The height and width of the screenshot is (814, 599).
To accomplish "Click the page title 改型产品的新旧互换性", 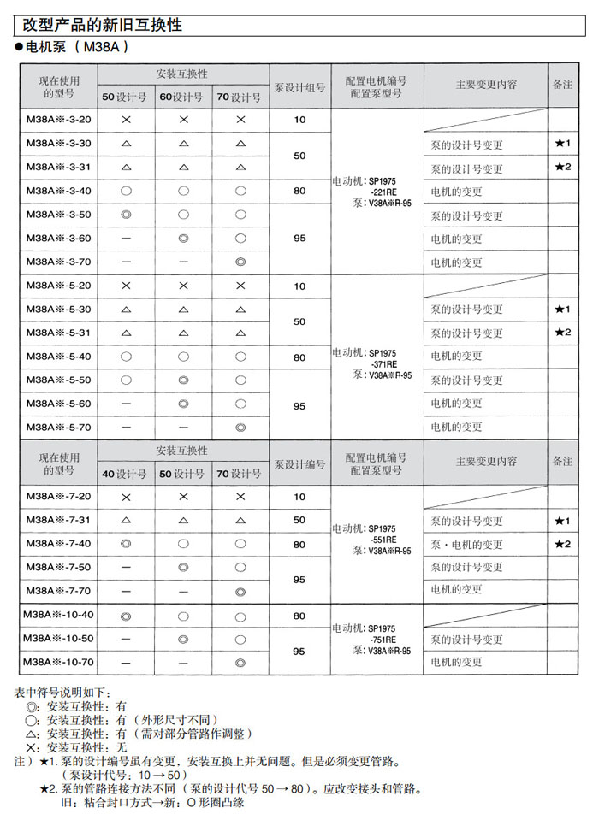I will [103, 26].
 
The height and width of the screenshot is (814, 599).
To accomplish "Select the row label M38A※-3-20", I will [58, 120].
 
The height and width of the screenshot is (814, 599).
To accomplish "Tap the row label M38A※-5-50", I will [58, 379].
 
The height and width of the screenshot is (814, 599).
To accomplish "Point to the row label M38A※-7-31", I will [58, 520].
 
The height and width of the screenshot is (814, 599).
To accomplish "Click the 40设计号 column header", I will [125, 473].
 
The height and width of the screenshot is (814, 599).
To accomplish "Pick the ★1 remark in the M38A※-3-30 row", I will [562, 143].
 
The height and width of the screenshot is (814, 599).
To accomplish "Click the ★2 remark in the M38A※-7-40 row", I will [562, 544].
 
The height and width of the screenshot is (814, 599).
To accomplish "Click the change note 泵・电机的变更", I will [466, 544].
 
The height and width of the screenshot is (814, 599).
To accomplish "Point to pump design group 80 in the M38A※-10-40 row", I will [299, 616].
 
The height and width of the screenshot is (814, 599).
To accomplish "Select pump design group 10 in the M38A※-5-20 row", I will [299, 286].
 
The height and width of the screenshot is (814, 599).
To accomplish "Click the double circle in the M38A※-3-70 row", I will [240, 261].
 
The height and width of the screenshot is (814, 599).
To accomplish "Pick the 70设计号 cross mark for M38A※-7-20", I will [240, 497].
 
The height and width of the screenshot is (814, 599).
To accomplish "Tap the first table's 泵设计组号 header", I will [299, 86].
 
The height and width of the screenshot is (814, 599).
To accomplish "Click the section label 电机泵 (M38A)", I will [77, 50].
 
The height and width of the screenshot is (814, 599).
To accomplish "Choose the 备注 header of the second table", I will [562, 461].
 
